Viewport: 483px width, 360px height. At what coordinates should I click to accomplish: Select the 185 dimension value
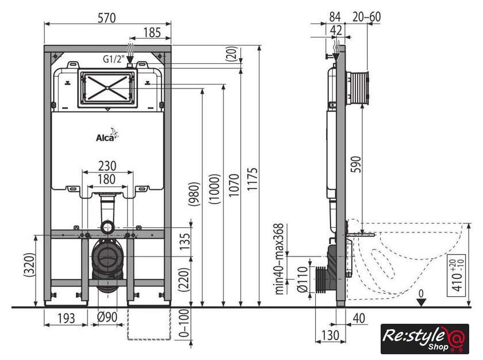(x=152, y=33)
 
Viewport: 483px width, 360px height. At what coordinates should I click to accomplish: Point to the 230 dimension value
(x=107, y=166)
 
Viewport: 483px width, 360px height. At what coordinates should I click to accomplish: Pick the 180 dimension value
(x=107, y=179)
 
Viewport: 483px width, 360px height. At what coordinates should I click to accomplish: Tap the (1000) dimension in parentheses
(x=214, y=189)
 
